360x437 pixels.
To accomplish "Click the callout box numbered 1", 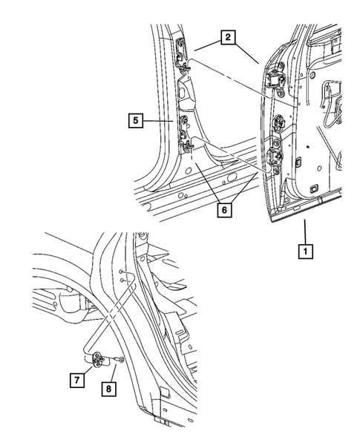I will pyautogui.click(x=305, y=250).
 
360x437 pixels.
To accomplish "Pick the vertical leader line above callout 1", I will pyautogui.click(x=305, y=230).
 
